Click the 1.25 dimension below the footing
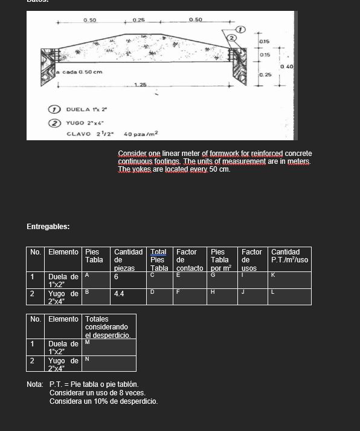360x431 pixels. click(140, 85)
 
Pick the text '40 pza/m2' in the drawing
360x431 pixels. click(141, 133)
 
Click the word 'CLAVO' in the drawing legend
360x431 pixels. click(79, 133)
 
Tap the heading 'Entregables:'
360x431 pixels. click(48, 227)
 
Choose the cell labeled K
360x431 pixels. click(290, 280)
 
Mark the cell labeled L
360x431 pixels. click(290, 296)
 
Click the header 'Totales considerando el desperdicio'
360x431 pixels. click(108, 326)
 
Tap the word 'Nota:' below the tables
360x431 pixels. click(34, 384)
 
